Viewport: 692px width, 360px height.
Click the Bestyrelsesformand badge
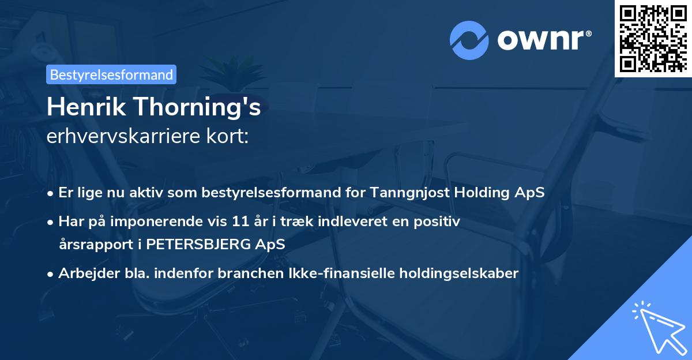click(x=111, y=74)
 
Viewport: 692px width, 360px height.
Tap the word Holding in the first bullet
click(x=486, y=193)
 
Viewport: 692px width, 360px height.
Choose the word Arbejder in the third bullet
click(x=85, y=273)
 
